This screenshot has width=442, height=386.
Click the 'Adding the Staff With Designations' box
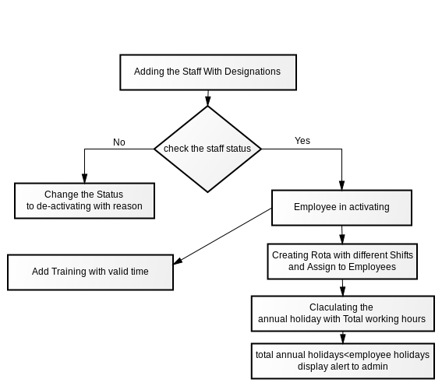click(208, 72)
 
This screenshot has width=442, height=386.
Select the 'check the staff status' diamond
click(208, 149)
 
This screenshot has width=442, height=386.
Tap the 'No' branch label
click(119, 142)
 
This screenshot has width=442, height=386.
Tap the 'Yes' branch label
click(302, 141)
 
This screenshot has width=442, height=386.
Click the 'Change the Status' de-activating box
click(84, 201)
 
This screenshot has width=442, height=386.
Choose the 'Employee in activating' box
click(341, 208)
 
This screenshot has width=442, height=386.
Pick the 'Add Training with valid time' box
click(90, 272)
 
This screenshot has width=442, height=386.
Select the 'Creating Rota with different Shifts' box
click(342, 261)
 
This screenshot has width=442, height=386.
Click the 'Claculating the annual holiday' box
click(343, 314)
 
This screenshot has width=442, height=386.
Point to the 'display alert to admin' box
click(343, 361)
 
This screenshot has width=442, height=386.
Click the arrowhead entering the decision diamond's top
click(208, 101)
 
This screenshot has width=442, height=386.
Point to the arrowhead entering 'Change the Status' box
click(84, 178)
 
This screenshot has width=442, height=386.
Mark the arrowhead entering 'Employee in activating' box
click(341, 185)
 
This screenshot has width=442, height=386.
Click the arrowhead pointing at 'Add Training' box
click(178, 261)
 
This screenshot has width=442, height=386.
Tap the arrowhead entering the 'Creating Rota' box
click(342, 239)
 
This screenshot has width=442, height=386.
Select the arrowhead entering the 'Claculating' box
click(342, 291)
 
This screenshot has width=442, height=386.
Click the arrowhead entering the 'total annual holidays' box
click(343, 339)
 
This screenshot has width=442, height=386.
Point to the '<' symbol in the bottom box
click(347, 355)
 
